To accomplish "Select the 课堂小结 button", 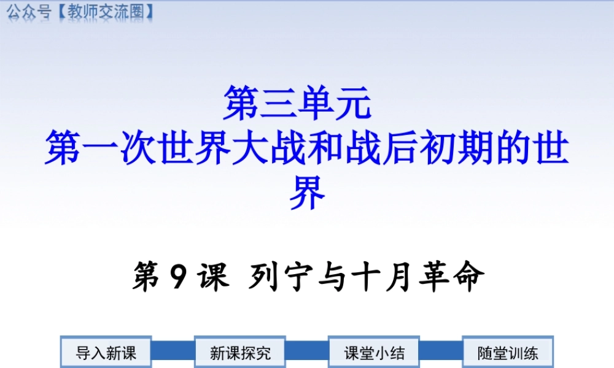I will click(x=374, y=353).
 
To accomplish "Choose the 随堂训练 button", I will click(x=508, y=353).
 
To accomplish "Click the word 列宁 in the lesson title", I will click(x=276, y=278).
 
